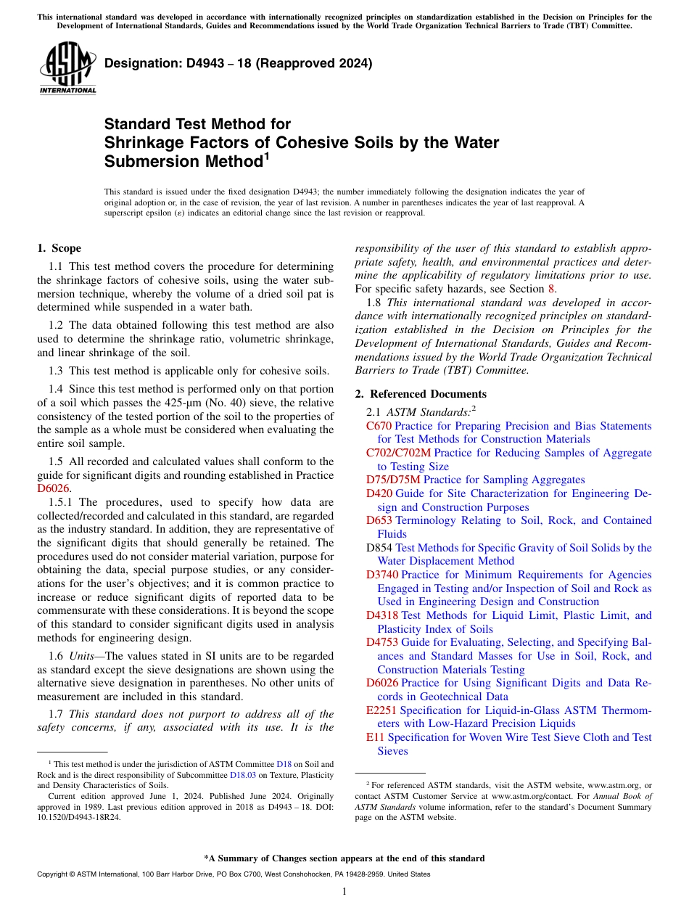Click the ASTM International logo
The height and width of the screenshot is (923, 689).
coord(68,69)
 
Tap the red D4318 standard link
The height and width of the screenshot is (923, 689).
coord(382,615)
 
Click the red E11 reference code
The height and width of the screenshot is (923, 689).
coord(375,737)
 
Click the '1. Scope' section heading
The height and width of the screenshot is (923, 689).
coord(59,248)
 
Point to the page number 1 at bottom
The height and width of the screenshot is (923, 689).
coord(344,892)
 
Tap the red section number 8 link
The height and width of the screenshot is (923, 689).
coord(551,289)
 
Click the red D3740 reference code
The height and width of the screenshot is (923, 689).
coord(382,575)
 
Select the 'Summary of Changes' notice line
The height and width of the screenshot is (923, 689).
coord(344,858)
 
